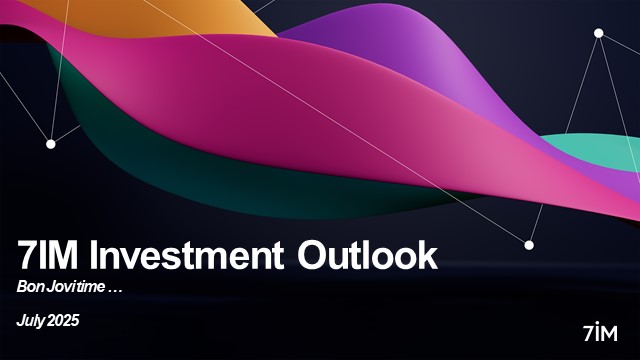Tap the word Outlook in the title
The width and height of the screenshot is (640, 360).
click(x=368, y=256)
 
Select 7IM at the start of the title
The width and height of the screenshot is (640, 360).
click(x=51, y=256)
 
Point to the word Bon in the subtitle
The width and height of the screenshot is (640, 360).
click(x=30, y=286)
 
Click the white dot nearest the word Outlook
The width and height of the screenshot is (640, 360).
click(x=529, y=244)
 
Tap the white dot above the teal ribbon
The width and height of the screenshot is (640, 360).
click(x=599, y=33)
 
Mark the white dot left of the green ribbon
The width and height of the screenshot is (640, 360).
click(x=51, y=144)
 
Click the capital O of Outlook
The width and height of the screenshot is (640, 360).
click(x=317, y=256)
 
